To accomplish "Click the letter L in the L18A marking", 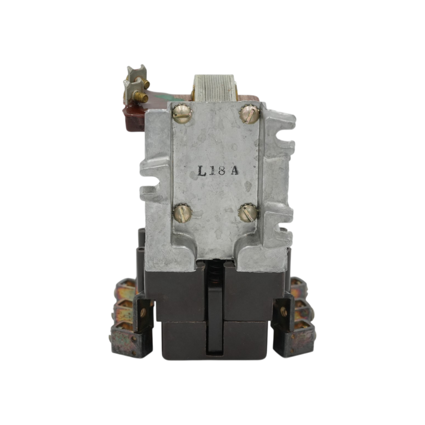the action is coord(202,171).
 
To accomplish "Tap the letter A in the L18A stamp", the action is coord(235,170).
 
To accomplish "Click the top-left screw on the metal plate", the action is coord(182,114).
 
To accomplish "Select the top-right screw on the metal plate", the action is coord(249,114).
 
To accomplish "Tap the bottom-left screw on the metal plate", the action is coord(182,213).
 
